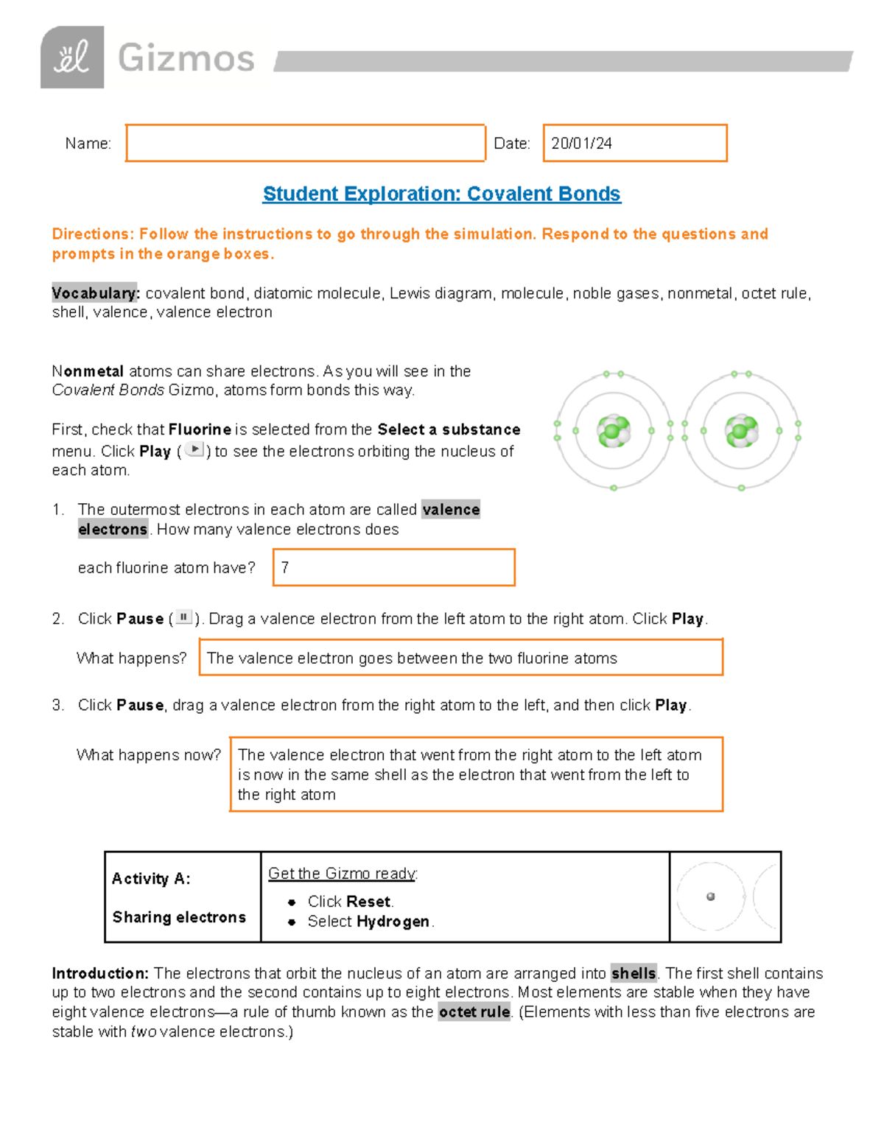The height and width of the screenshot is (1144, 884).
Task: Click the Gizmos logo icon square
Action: [x=72, y=57]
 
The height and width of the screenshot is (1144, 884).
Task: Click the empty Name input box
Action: [x=305, y=143]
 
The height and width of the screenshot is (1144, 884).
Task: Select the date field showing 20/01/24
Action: [x=634, y=143]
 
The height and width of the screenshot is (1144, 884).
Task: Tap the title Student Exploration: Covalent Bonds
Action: [x=441, y=194]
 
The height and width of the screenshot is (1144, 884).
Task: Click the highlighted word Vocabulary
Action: [x=95, y=293]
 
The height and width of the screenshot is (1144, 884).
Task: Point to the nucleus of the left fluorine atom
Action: [x=613, y=432]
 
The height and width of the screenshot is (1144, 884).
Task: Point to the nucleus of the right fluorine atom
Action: [x=740, y=432]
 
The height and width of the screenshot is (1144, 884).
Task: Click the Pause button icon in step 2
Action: [x=183, y=617]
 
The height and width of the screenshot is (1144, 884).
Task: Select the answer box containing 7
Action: [x=393, y=567]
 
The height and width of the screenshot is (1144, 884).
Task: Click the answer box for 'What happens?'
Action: [x=460, y=657]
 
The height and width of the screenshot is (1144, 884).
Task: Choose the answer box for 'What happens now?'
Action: [x=476, y=774]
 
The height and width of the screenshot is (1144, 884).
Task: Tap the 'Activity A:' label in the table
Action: [x=151, y=879]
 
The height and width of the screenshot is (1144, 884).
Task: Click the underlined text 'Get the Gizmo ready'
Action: [x=342, y=874]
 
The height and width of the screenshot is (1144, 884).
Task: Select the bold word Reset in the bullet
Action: [x=369, y=902]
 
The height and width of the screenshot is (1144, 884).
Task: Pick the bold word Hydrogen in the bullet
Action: [x=393, y=922]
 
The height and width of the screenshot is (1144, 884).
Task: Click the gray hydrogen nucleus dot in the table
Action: [x=710, y=896]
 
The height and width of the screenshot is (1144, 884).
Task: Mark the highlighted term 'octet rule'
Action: [x=474, y=1012]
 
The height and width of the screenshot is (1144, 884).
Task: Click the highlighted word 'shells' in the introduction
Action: [x=633, y=973]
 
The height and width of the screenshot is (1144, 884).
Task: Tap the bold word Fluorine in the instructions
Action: [x=200, y=429]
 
